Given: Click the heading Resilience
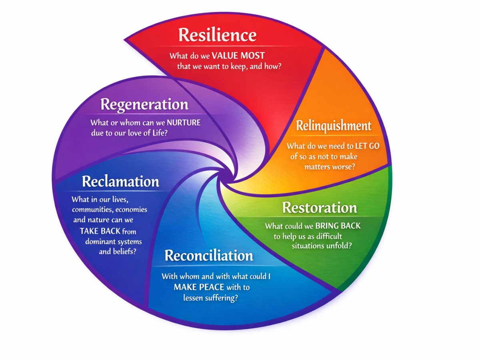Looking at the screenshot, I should tap(217, 35).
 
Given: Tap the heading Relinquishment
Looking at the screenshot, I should tap(334, 126).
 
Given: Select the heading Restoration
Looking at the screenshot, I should tap(320, 208).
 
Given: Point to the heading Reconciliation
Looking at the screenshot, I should tap(209, 255).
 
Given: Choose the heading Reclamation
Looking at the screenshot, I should tap(120, 182).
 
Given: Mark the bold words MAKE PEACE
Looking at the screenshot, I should tap(199, 287).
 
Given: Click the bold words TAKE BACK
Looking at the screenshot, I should tap(100, 231).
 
